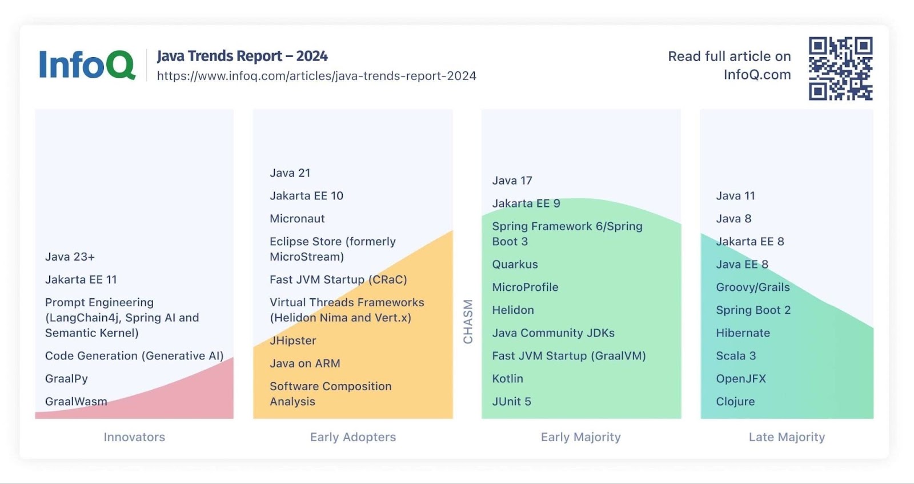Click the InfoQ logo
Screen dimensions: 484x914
pos(87,65)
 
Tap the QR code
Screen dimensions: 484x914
pos(840,69)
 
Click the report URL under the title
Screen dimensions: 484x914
pos(316,76)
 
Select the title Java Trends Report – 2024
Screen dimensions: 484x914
pos(242,56)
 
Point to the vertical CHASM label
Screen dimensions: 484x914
pos(468,322)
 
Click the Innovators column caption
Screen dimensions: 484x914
pos(134,437)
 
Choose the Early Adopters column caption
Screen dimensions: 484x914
pos(353,437)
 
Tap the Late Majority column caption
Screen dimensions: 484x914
pos(787,437)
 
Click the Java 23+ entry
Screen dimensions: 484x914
pos(70,257)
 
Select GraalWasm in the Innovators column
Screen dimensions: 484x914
pos(76,401)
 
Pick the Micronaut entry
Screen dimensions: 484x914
pos(297,218)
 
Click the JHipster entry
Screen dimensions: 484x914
pos(293,341)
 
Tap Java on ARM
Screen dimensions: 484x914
pos(305,363)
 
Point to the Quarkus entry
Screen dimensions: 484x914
pos(515,264)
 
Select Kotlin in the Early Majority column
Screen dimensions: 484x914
pos(508,378)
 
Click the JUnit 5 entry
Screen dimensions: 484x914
pos(512,401)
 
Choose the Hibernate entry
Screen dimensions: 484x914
pos(743,333)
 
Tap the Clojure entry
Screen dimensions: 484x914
pos(735,401)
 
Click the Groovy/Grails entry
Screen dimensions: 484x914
pos(753,287)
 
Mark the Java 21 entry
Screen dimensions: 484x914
pos(290,173)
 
